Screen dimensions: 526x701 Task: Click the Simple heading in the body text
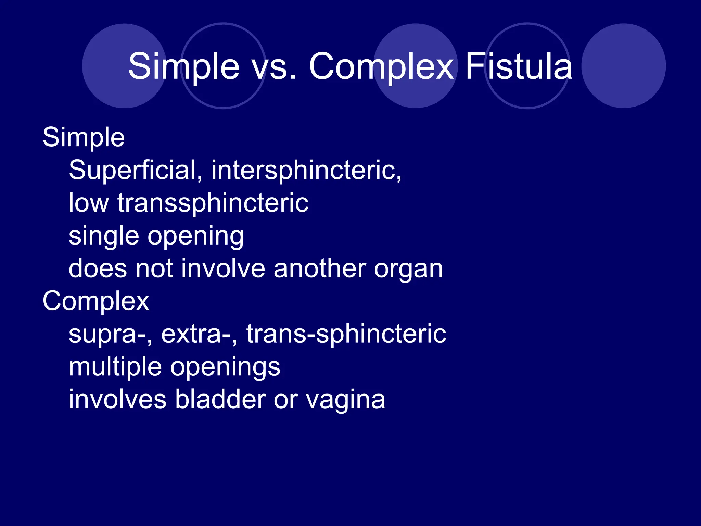(84, 137)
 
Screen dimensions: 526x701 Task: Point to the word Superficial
(132, 170)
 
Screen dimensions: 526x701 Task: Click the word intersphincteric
(306, 170)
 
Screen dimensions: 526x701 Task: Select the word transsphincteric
(213, 203)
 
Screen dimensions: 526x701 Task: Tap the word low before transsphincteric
(89, 203)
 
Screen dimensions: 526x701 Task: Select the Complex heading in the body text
(96, 301)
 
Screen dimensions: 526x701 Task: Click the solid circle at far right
(623, 66)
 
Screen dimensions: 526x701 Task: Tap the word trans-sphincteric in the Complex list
(346, 334)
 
